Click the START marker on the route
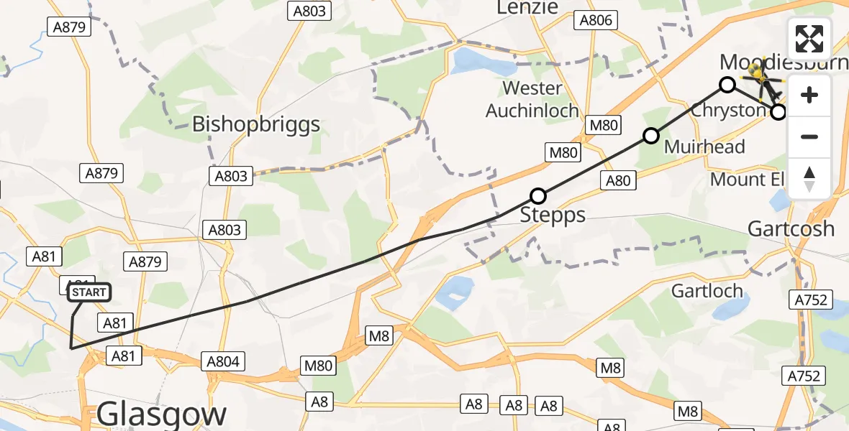(x=89, y=292)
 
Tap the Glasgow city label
(x=161, y=414)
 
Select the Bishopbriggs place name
(x=255, y=124)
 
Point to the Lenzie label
(x=527, y=7)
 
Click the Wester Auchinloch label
(x=532, y=99)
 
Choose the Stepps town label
(x=553, y=215)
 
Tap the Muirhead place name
(x=704, y=147)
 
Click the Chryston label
(x=728, y=111)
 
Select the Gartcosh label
(x=791, y=229)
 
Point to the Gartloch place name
(x=707, y=291)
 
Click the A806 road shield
(x=596, y=20)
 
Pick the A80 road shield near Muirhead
(x=618, y=180)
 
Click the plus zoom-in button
(x=809, y=95)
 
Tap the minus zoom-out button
(x=809, y=136)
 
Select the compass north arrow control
(x=809, y=178)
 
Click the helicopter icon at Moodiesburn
(x=763, y=79)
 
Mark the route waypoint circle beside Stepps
(x=538, y=195)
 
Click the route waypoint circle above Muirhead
(x=651, y=135)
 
